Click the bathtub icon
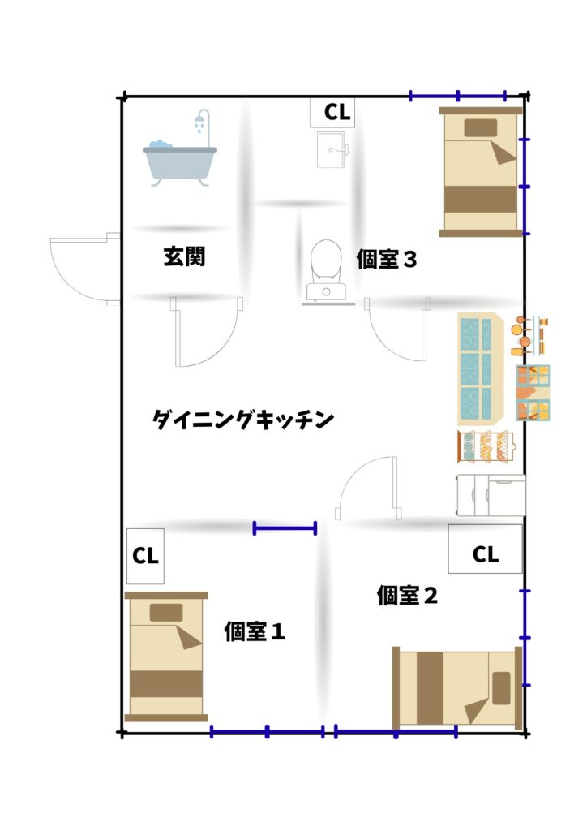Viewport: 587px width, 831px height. [x=179, y=163]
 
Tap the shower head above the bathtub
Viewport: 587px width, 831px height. [x=199, y=121]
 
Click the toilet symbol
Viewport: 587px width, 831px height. [x=326, y=270]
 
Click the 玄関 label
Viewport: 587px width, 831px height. [x=184, y=256]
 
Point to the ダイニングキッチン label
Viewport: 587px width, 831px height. [x=243, y=420]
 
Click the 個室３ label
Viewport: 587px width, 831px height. [x=387, y=259]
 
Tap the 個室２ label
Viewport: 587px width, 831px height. [x=407, y=595]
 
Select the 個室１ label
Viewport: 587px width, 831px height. [x=255, y=631]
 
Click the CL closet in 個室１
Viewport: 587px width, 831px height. [x=146, y=556]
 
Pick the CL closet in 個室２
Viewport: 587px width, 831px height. [x=486, y=549]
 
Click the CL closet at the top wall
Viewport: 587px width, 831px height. [x=332, y=112]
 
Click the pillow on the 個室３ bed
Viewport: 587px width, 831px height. [x=481, y=128]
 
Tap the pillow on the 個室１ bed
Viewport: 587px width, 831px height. [x=166, y=612]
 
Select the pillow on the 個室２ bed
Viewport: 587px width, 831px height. [x=501, y=688]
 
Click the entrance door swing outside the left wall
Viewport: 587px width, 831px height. [x=84, y=269]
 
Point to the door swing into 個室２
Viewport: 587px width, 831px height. [x=367, y=488]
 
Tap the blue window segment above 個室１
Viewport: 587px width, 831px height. [x=285, y=527]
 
